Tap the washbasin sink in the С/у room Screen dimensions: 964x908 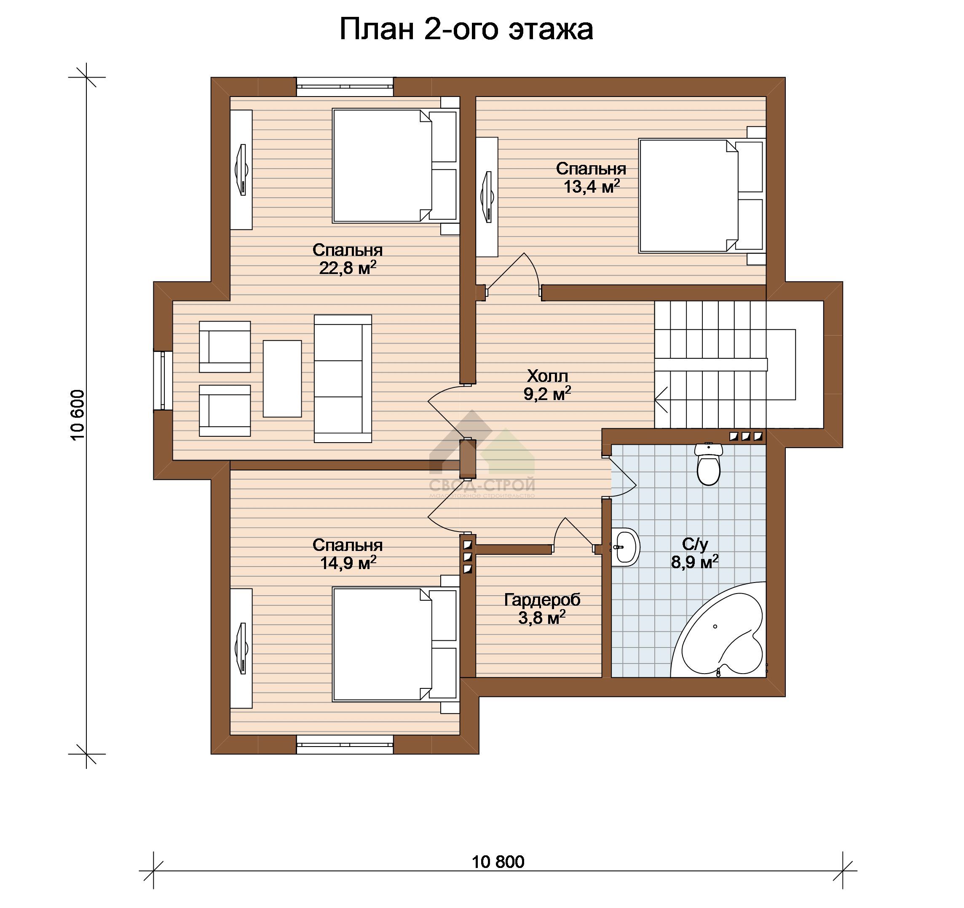626,547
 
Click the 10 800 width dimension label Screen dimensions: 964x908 498,862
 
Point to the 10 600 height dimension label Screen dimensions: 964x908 78,415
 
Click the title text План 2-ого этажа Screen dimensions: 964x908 466,30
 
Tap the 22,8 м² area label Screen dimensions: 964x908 348,268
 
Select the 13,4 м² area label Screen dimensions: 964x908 592,186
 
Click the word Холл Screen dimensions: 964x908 547,376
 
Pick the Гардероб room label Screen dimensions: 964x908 542,600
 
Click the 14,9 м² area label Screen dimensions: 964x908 348,563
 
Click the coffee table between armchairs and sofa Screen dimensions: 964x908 282,379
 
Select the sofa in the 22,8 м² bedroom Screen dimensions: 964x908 343,379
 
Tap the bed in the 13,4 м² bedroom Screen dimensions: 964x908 702,196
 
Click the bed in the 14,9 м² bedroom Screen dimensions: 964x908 395,645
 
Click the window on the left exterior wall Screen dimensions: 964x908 163,381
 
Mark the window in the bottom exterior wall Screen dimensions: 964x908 345,744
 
